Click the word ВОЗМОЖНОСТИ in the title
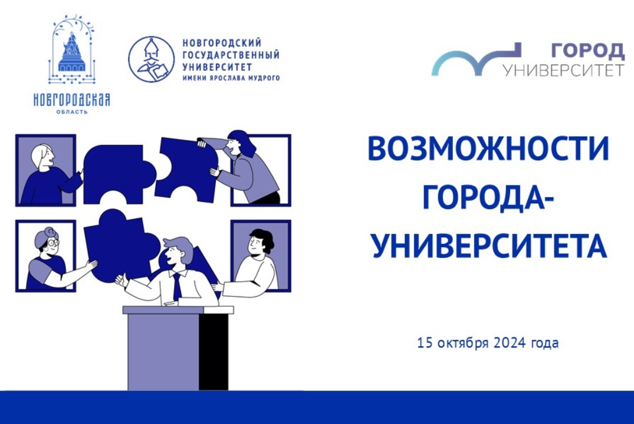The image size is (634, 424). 488,151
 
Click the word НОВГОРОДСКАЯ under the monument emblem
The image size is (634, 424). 72,100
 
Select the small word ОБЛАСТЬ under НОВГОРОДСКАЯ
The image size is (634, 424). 72,111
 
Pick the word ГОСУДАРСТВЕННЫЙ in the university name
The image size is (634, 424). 231,55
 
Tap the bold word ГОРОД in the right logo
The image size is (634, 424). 587,51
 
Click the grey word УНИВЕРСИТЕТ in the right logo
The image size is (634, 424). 563,70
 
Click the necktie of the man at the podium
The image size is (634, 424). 176,287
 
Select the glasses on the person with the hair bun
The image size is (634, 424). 52,242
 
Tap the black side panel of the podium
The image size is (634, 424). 213,352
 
